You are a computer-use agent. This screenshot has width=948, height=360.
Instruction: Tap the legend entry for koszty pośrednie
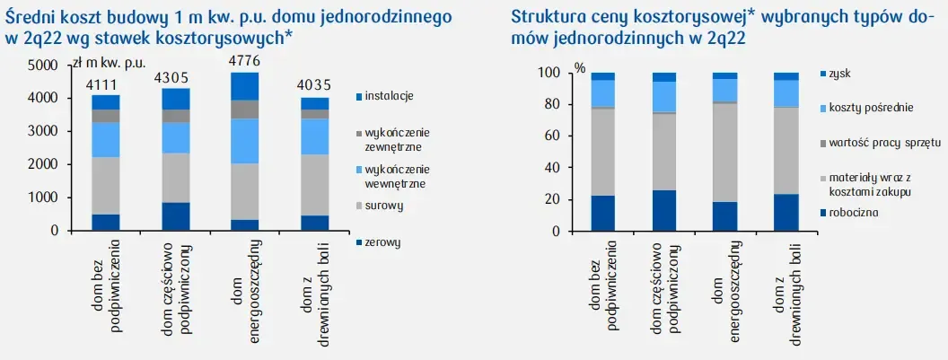click(872, 108)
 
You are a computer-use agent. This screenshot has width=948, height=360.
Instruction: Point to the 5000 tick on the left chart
click(40, 66)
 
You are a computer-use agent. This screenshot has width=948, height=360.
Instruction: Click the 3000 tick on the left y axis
click(40, 131)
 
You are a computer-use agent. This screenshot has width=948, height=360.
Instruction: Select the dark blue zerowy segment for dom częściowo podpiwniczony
click(175, 216)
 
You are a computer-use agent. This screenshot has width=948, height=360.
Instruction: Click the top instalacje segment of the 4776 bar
click(244, 86)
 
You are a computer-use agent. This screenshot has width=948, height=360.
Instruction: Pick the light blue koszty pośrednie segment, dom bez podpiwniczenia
click(603, 93)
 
